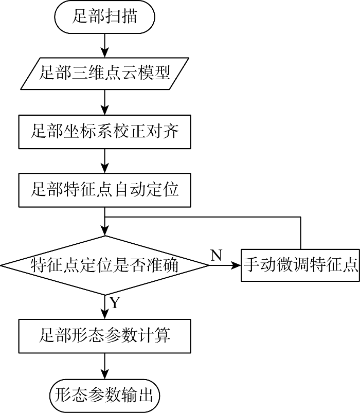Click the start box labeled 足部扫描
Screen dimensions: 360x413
(x=104, y=17)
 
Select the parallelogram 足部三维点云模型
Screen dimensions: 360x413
(x=105, y=74)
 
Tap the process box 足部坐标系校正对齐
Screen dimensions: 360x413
(x=104, y=132)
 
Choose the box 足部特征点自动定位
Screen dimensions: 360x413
(x=104, y=190)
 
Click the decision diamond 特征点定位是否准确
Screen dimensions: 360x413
(x=105, y=265)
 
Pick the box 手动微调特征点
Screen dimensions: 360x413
(x=300, y=265)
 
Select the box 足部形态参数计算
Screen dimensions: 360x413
(x=104, y=336)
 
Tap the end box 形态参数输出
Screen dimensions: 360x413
(x=104, y=396)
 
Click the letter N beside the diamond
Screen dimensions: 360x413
(x=216, y=255)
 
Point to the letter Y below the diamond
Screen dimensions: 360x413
(x=115, y=302)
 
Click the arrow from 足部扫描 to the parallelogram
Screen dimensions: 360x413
(x=105, y=46)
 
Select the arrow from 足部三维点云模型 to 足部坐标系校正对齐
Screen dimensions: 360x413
(x=105, y=102)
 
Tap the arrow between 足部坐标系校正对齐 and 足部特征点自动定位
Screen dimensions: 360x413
(x=105, y=161)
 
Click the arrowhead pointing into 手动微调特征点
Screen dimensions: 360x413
(x=236, y=265)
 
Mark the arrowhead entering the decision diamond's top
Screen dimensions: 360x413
(x=105, y=230)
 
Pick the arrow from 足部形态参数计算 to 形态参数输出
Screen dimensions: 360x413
(x=105, y=366)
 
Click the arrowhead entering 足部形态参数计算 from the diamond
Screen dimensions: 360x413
(x=105, y=314)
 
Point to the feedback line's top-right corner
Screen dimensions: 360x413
(x=300, y=217)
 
